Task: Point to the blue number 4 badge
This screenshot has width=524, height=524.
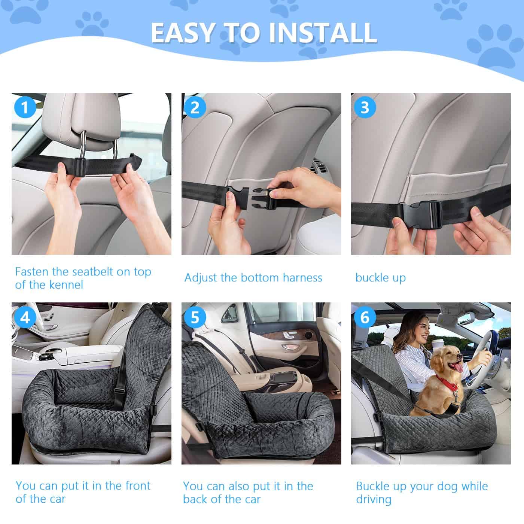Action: pos(25,317)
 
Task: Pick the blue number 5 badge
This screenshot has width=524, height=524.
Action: pos(195,317)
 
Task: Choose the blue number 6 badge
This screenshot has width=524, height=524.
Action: pos(365,317)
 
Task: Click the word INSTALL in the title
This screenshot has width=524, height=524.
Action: pos(323,33)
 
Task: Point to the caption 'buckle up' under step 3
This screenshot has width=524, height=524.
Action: pos(380,278)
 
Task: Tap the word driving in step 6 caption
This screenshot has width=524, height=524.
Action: pos(374,500)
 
